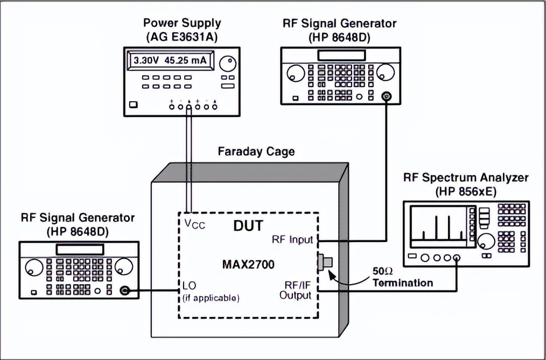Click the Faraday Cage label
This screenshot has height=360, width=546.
[256, 151]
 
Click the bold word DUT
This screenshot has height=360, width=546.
[248, 227]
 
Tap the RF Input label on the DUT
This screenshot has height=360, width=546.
[292, 239]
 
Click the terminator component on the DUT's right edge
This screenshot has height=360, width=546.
[325, 263]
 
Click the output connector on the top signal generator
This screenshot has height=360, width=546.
[386, 96]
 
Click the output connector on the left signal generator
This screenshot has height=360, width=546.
[124, 290]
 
